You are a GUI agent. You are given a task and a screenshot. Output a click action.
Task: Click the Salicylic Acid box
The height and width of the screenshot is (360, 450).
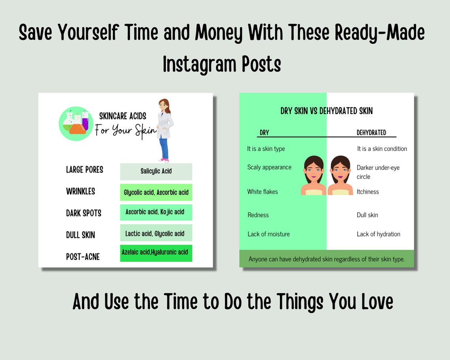pos(156,171)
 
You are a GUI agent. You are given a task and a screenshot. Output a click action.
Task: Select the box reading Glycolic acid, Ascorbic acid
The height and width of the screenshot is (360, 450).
pos(156,192)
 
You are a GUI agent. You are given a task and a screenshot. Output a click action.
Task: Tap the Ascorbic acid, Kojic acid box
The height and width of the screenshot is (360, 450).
pos(156,212)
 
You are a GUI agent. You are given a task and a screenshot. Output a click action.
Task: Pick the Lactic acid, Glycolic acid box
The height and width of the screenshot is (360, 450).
pos(156,233)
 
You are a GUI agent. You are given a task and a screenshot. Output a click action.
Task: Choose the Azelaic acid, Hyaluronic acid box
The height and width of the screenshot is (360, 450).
pos(156,253)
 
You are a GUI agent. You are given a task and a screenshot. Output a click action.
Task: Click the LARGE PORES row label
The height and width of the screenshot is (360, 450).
pos(84,170)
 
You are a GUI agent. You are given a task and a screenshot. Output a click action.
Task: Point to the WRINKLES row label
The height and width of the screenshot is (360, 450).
pos(81,191)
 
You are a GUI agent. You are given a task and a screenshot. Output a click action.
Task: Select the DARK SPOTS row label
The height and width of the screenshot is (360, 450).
pos(84,213)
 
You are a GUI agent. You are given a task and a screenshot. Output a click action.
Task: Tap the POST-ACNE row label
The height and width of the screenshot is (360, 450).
pos(83,257)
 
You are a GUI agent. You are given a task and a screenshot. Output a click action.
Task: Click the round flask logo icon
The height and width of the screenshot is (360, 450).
pos(76,124)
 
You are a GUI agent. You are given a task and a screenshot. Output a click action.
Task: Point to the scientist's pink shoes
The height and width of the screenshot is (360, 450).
pos(164,160)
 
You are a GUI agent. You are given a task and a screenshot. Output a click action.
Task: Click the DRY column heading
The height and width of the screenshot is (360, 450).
pos(264,133)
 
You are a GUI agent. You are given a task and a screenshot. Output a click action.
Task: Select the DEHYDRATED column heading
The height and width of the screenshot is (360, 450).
pos(371,133)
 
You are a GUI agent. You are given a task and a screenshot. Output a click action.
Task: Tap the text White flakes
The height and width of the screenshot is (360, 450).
pos(262,192)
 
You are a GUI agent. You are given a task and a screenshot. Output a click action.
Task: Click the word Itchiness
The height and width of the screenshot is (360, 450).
pos(367,192)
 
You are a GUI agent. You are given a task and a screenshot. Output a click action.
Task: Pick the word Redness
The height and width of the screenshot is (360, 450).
pos(258,215)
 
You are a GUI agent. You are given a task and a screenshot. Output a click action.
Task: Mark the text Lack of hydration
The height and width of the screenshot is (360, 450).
pos(378,234)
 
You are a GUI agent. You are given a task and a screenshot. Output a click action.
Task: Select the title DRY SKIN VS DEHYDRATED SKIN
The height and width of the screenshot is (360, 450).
pos(326,111)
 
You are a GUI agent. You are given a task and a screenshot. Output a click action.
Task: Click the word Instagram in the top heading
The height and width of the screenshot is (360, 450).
pos(198,64)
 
